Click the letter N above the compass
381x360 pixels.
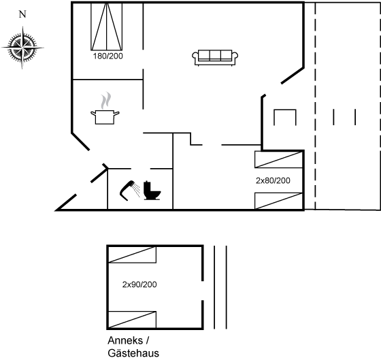(22, 14)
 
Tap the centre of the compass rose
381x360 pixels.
(22, 48)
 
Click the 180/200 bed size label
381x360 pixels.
(108, 56)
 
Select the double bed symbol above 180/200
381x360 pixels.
(106, 27)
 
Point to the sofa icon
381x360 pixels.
(215, 58)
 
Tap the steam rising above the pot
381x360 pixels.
(106, 101)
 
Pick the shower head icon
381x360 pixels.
(130, 190)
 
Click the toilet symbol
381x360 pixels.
(152, 191)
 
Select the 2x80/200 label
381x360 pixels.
(273, 180)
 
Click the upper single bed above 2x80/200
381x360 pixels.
(278, 159)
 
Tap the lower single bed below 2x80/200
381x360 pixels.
(278, 201)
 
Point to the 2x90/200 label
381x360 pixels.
(139, 284)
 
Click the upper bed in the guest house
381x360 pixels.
(132, 255)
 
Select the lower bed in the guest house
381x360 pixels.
(132, 320)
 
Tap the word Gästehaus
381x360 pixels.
(133, 353)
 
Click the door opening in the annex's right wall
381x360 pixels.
(203, 291)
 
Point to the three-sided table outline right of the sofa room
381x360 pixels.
(285, 110)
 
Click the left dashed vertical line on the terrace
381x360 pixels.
(315, 105)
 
